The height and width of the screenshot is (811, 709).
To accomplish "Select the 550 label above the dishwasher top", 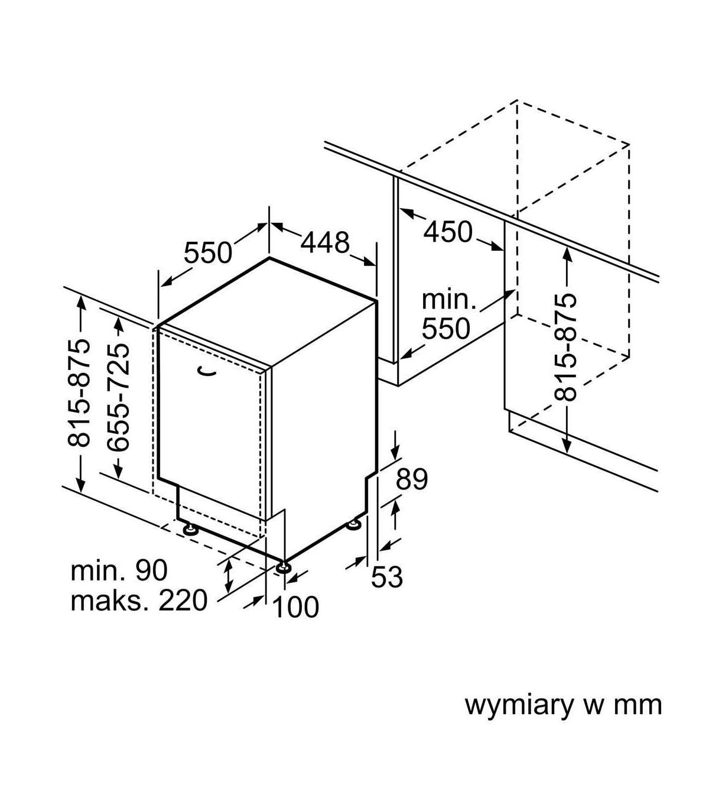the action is point(208,253).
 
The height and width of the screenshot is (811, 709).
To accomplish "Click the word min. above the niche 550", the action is point(449,300).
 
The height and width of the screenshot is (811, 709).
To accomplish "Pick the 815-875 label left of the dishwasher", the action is point(79,392).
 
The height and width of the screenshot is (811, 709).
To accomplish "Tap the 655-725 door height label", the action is point(118,397).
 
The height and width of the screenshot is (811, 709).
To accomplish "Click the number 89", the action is point(412,479).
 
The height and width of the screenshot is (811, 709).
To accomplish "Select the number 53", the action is point(387,577).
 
